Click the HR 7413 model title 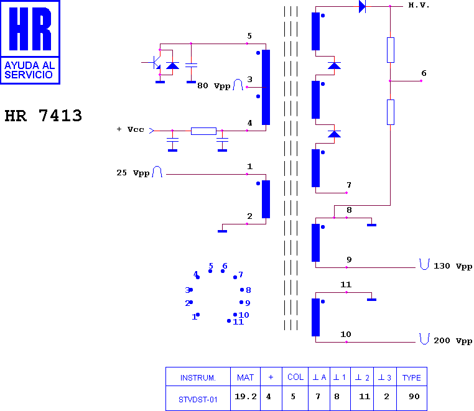pos(43,116)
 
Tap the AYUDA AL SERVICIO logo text pos(29,70)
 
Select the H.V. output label pos(419,5)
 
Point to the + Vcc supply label pos(130,130)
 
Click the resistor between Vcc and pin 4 pos(203,131)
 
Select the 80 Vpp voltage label pos(214,86)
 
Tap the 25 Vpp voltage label pos(133,173)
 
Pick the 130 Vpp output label pos(452,266)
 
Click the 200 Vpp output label pos(452,341)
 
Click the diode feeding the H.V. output pos(362,6)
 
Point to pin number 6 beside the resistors pos(424,73)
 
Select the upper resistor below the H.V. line pos(391,50)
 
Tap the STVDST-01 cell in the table pos(198,400)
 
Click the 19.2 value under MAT pos(246,397)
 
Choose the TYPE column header pos(411,378)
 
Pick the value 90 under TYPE pos(414,397)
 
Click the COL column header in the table pos(295,377)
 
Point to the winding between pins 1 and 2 pos(266,199)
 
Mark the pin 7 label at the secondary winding pos(349,185)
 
